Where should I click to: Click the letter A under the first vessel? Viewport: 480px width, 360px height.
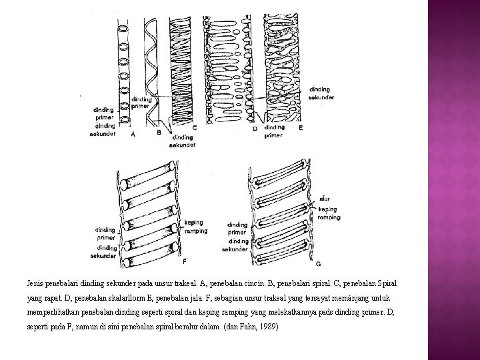(x=133, y=134)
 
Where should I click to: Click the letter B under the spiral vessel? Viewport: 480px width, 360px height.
(x=159, y=132)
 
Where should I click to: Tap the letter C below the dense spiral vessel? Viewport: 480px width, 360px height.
(x=194, y=127)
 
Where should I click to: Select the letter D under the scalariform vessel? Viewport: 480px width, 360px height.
(x=255, y=129)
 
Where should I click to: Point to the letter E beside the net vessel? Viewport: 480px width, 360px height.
(x=301, y=127)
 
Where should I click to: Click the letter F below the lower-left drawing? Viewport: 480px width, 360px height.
(x=185, y=259)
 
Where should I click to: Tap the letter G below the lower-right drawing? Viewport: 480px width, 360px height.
(x=317, y=264)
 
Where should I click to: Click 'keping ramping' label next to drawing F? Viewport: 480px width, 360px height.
(x=195, y=227)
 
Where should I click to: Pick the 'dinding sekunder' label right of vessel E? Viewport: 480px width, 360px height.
(x=322, y=94)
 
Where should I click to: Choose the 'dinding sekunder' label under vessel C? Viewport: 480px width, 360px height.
(x=182, y=141)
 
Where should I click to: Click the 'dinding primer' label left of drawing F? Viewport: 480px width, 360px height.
(x=105, y=233)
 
